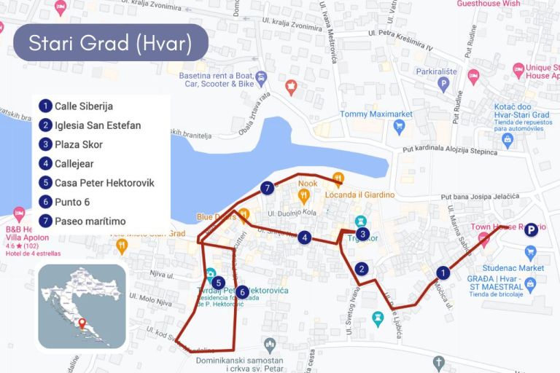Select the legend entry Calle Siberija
pos(84,106)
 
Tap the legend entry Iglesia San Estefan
pos(98,125)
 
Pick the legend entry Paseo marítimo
pos(90,221)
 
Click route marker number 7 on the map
pos(268,188)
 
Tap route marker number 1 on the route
pos(442,272)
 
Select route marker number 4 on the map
pos(305,236)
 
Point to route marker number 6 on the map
pos(243,291)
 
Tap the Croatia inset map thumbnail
pos(82,306)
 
